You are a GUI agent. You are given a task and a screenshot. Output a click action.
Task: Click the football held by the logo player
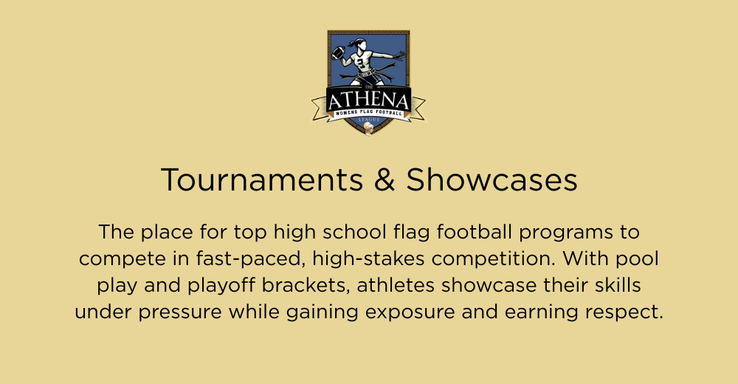click(338, 52)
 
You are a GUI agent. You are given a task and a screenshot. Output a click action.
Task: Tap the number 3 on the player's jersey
click(361, 62)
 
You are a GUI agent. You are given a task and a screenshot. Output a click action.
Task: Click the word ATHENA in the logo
click(368, 101)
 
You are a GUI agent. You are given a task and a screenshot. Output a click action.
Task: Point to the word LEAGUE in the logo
click(369, 120)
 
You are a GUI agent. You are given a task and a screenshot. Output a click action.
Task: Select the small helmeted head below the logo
click(369, 128)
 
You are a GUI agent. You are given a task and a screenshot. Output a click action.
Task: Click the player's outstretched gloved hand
click(399, 55)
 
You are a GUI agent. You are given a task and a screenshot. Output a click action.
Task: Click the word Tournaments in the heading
click(262, 180)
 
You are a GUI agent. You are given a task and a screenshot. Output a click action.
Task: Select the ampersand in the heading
click(385, 180)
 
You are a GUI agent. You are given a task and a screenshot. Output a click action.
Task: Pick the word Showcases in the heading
click(492, 180)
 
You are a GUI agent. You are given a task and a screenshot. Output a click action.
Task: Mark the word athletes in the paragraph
click(395, 285)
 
